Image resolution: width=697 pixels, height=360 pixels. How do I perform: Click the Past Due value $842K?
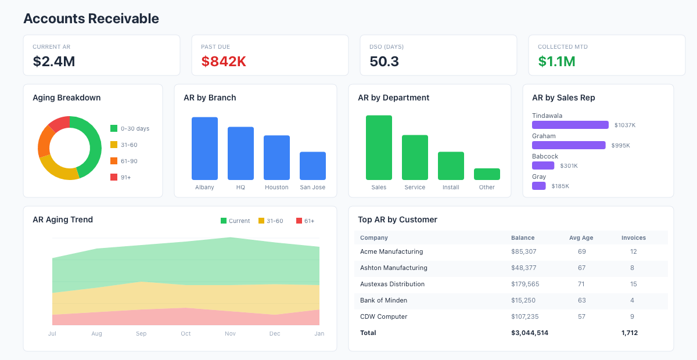point(224,62)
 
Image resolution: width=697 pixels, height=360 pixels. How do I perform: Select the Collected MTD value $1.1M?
point(556,62)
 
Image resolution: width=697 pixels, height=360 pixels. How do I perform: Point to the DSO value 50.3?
point(384,62)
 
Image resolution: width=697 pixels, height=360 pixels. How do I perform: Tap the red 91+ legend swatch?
point(114,177)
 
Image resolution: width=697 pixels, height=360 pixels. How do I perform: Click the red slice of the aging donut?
point(60,123)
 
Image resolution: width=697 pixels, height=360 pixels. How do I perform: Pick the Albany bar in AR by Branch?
point(204,149)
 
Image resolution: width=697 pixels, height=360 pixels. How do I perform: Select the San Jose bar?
point(312,166)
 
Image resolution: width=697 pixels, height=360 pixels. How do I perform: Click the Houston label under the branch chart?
point(276,188)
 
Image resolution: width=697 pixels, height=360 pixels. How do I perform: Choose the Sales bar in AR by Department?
point(379,147)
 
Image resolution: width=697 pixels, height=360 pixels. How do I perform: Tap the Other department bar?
point(487,174)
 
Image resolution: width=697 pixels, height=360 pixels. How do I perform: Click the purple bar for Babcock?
point(543,165)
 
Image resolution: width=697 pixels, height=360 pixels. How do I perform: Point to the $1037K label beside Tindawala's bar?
point(625,125)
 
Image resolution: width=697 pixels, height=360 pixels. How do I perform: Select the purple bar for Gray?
point(539,186)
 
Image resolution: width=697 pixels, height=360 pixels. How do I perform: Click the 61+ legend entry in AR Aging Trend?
point(306,221)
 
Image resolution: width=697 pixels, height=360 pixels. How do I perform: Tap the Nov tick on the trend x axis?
point(230,333)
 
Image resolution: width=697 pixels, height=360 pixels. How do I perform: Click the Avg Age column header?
point(581,237)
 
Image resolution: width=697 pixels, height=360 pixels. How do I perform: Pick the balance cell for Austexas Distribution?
point(525,284)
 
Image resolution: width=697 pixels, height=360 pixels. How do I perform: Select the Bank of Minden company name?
point(383,300)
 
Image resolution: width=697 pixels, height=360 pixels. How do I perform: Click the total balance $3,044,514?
point(530,333)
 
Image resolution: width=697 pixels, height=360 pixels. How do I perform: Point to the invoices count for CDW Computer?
point(632,316)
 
